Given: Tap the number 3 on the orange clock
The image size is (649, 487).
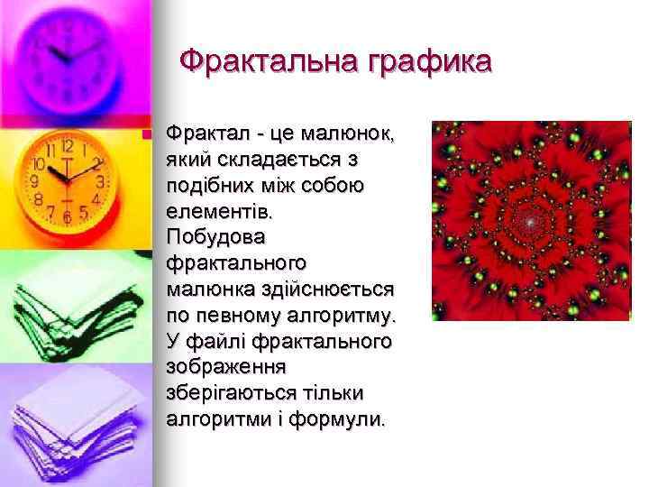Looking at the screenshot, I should click(x=101, y=180).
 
